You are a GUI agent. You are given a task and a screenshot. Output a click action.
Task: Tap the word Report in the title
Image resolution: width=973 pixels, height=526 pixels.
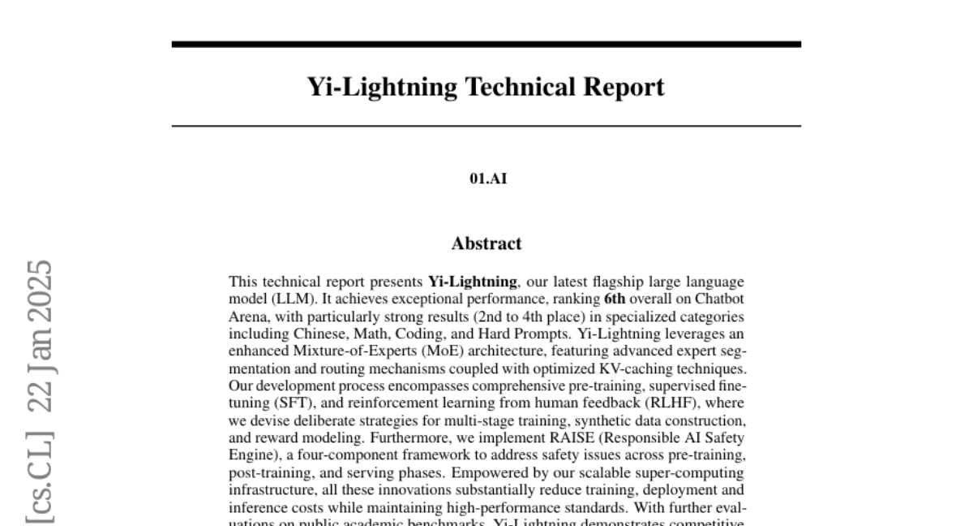tap(624, 87)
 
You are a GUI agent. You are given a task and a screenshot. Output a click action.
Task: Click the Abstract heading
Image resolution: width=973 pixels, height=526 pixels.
tap(486, 243)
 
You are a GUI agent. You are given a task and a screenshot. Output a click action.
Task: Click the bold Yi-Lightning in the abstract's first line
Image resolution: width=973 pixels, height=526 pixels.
tap(472, 282)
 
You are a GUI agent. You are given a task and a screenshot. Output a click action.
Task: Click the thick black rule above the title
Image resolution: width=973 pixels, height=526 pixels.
tap(486, 44)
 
